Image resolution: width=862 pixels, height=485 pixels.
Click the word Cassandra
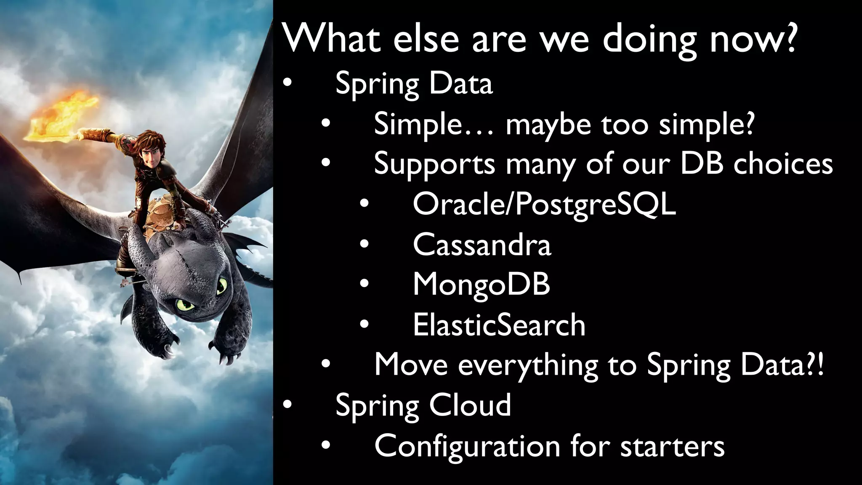(x=482, y=245)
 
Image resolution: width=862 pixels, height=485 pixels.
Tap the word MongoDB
(x=482, y=285)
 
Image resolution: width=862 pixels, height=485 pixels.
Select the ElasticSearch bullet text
(x=499, y=325)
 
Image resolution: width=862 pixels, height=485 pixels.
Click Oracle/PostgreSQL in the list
(x=544, y=205)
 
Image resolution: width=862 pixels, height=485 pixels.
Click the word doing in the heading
(x=650, y=39)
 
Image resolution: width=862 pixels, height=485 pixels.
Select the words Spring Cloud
(x=423, y=405)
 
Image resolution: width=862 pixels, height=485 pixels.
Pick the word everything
(x=528, y=365)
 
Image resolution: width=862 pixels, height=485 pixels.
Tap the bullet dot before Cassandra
(x=364, y=245)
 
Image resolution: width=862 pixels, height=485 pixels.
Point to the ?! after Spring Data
(x=815, y=365)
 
